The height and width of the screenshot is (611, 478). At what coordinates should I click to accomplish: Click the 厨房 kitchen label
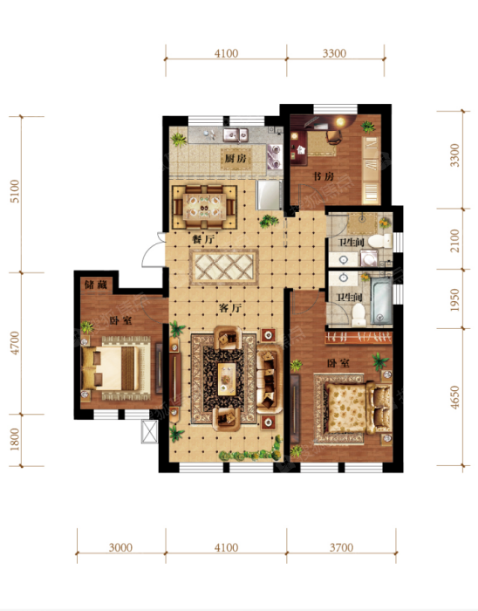(236, 159)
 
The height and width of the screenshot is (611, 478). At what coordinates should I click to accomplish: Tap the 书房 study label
(324, 176)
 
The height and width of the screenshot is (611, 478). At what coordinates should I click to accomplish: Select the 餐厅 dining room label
(202, 239)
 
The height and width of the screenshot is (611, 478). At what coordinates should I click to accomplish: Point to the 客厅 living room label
(230, 308)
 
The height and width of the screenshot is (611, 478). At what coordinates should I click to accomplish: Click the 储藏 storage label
(96, 285)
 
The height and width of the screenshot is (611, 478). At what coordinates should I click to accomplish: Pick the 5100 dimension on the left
(15, 191)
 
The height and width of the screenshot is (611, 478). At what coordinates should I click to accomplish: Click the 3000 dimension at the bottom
(120, 547)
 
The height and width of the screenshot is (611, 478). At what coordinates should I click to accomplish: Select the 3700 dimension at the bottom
(341, 547)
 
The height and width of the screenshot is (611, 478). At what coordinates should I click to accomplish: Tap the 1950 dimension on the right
(454, 299)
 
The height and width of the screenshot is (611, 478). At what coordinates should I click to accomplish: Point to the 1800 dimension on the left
(15, 439)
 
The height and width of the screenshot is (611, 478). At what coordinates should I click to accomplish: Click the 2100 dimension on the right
(454, 240)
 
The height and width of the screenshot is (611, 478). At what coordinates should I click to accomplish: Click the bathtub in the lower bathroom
(381, 300)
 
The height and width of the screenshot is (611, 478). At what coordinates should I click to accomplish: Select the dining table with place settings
(204, 207)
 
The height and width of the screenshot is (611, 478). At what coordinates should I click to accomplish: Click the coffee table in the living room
(227, 379)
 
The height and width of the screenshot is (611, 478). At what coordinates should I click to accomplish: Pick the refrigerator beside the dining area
(269, 195)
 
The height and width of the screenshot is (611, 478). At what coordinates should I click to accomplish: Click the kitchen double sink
(236, 134)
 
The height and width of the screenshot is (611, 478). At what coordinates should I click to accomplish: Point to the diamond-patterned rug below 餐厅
(224, 268)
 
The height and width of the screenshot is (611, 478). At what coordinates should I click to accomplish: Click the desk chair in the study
(334, 137)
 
